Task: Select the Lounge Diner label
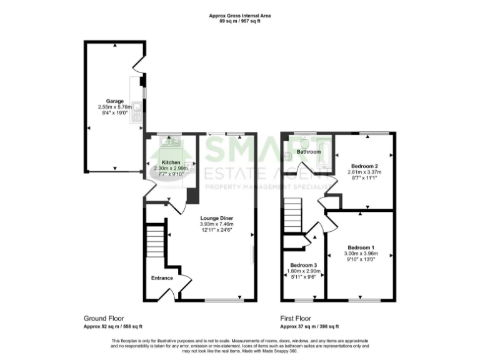pos(216,217)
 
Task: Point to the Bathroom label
pos(308,152)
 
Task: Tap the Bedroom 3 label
pos(303,265)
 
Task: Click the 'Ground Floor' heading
pos(103,318)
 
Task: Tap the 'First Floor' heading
pos(296,318)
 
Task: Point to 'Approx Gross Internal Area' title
pos(240,15)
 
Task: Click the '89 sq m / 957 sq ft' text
pos(240,21)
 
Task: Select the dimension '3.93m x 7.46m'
pos(216,224)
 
